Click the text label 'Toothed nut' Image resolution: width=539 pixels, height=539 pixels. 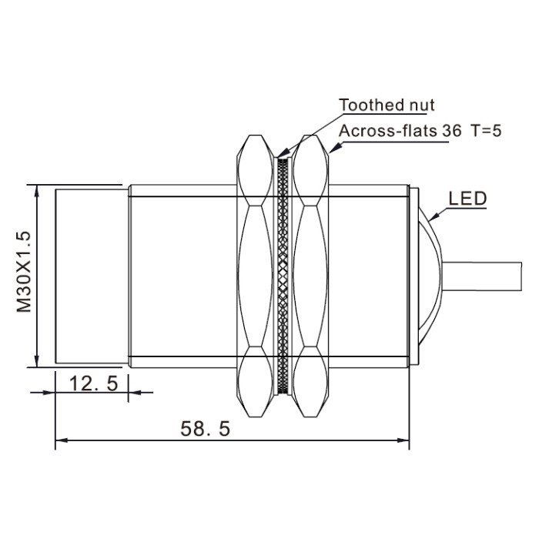[x=387, y=105]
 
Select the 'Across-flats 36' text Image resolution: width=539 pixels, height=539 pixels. [x=400, y=131]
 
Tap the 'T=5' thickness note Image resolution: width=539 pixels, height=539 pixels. [x=486, y=131]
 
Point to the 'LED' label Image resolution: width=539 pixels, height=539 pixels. [x=468, y=199]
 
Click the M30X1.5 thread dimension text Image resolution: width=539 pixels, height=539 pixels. [x=24, y=272]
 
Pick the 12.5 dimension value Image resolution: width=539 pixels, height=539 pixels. [x=93, y=383]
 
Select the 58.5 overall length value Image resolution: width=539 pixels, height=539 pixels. [x=206, y=429]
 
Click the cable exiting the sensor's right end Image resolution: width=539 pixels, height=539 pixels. [x=482, y=276]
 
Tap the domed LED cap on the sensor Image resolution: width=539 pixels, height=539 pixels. [x=430, y=276]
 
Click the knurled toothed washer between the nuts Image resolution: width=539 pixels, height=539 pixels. [x=283, y=276]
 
